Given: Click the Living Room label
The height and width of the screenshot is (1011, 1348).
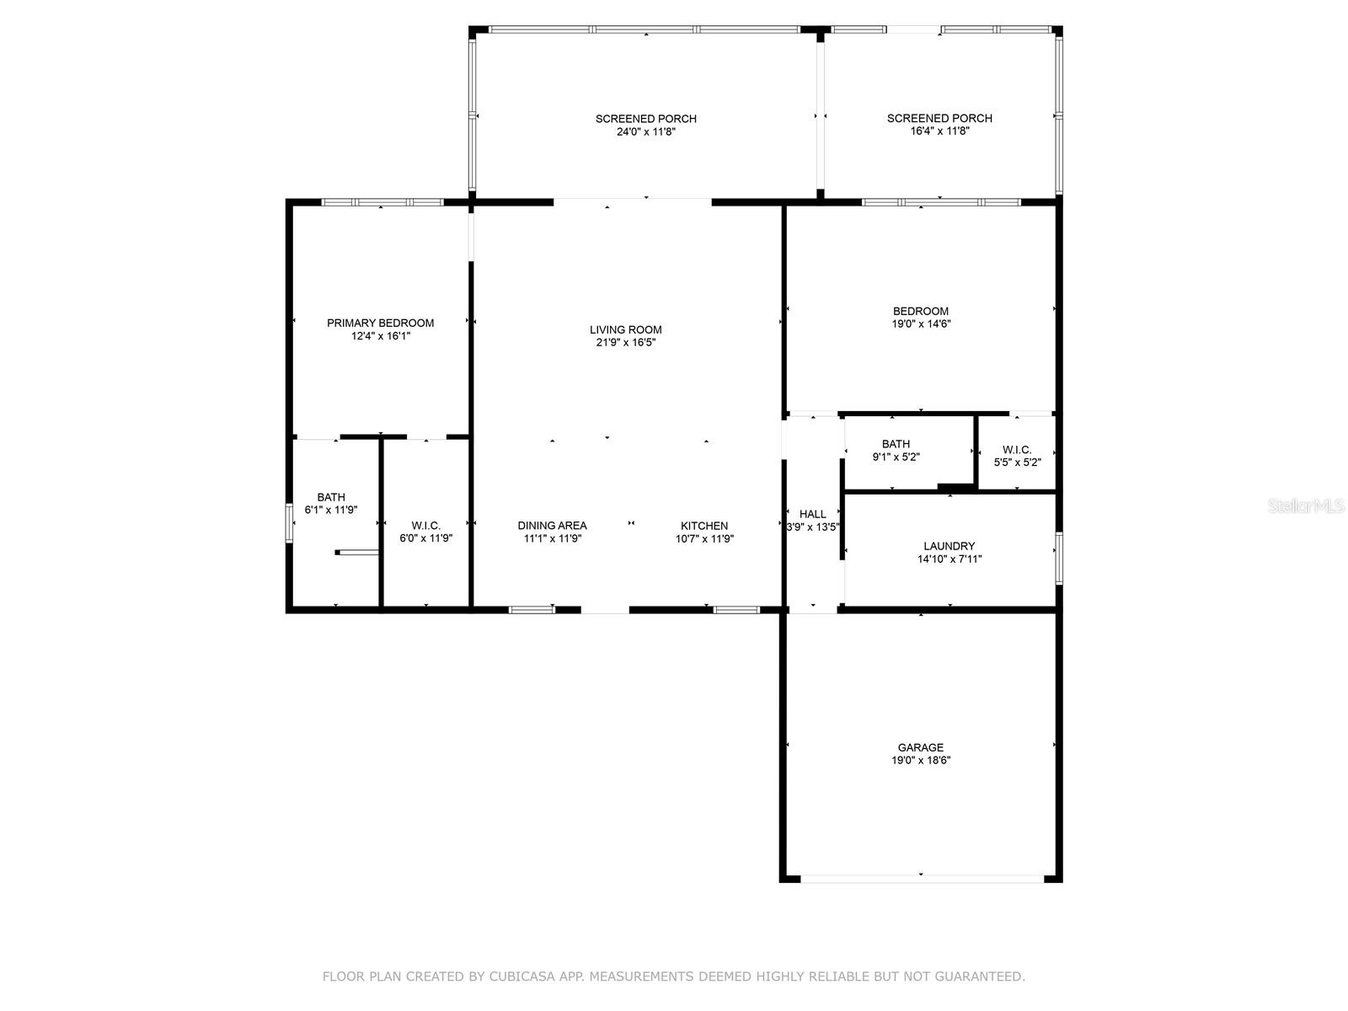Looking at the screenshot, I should (x=625, y=329).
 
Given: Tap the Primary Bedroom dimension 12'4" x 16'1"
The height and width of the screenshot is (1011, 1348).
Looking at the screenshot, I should (x=381, y=336).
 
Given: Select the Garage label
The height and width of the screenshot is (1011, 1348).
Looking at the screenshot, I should (x=920, y=747).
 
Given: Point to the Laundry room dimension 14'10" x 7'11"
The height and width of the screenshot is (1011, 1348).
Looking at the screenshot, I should (x=949, y=559).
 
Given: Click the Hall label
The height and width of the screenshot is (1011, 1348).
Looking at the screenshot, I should (x=812, y=514).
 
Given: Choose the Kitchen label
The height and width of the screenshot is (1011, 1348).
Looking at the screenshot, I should (x=704, y=526).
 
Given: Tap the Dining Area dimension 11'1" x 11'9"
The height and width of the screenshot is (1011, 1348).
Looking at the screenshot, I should (x=552, y=538).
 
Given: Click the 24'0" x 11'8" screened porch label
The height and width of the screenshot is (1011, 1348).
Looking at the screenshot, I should (x=645, y=119).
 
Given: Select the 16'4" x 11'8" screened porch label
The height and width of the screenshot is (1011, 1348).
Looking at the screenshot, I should (x=939, y=118).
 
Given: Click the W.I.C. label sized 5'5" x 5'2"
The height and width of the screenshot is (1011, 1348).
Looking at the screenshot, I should (x=1017, y=450).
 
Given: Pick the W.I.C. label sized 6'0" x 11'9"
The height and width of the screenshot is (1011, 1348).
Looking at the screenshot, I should (x=425, y=526).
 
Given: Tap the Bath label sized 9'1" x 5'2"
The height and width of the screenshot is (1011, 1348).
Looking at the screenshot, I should (x=896, y=444).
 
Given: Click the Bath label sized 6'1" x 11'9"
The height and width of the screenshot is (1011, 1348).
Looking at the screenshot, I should (x=331, y=497).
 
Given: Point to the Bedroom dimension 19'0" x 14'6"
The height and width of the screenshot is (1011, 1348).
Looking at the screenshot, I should (x=921, y=324).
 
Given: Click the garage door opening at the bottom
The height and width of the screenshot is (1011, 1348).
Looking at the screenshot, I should (x=921, y=879).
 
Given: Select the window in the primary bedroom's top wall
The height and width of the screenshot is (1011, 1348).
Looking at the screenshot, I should (x=382, y=202).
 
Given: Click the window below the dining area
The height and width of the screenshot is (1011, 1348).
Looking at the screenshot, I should (x=532, y=609).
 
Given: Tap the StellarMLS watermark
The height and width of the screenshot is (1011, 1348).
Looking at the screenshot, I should (x=1306, y=506).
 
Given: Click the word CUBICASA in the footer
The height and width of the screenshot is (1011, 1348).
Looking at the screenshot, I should (x=534, y=976).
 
